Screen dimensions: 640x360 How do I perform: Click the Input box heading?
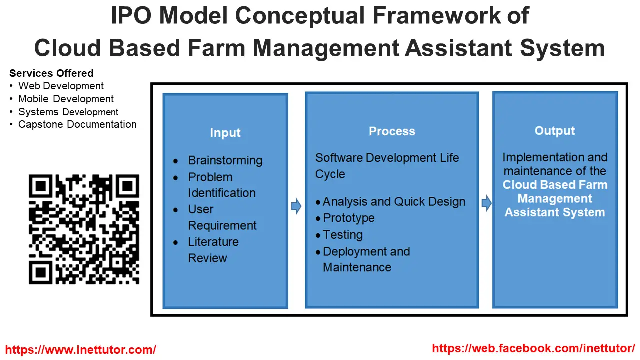[x=225, y=133]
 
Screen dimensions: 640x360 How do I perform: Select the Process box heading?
[x=392, y=131]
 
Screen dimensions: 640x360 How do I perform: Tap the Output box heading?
[x=555, y=131]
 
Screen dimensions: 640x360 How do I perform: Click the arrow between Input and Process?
[x=296, y=206]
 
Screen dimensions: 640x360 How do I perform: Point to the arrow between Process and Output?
[x=487, y=203]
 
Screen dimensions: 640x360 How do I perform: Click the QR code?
[x=84, y=229]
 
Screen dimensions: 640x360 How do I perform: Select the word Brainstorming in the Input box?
[x=225, y=161]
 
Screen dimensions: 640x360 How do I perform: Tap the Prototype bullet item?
[x=348, y=218]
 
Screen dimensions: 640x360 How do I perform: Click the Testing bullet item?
[x=343, y=235]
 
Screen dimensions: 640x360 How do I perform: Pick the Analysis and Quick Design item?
[x=394, y=202]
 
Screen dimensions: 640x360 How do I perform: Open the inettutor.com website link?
[x=81, y=350]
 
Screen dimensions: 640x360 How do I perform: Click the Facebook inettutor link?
[x=533, y=348]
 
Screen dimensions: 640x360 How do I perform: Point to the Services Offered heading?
[x=51, y=73]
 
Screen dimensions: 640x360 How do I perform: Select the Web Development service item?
[x=61, y=86]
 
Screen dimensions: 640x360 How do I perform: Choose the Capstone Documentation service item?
[x=77, y=124]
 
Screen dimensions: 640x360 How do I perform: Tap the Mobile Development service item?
[x=66, y=99]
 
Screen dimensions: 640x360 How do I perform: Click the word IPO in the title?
[x=131, y=15]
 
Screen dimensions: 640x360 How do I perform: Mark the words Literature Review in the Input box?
[x=213, y=250]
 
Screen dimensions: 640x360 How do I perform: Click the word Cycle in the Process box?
[x=330, y=174]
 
